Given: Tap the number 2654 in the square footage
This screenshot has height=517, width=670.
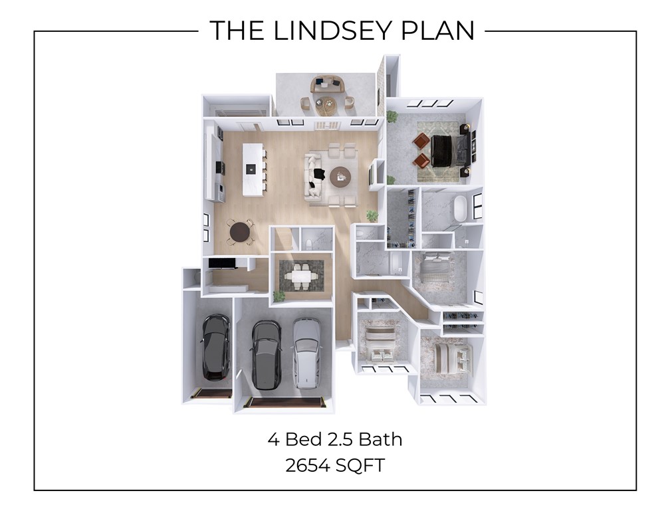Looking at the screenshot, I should coord(306,465).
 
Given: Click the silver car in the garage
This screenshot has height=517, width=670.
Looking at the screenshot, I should coord(306,352).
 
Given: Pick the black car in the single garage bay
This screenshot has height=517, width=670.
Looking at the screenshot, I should coord(215,347).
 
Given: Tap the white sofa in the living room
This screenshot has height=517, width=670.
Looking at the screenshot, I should coord(314,175).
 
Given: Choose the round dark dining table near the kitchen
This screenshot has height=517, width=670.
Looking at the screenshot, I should coord(239,232).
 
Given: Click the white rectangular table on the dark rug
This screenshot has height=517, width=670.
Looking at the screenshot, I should coord(302,275).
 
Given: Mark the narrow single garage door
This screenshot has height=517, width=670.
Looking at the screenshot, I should coord(211,393).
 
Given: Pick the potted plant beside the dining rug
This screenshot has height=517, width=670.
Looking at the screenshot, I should coord(279,295).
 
